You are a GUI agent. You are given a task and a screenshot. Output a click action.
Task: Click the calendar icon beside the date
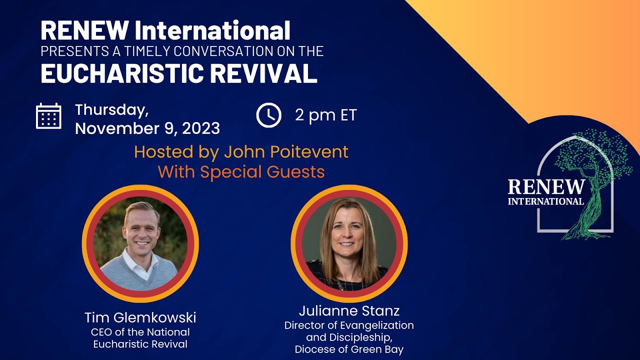pyautogui.click(x=48, y=116)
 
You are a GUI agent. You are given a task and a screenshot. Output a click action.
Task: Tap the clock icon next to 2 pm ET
pyautogui.click(x=268, y=115)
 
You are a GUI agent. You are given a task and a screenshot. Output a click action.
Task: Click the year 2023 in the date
pyautogui.click(x=200, y=128)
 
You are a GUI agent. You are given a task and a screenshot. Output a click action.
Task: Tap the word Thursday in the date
pyautogui.click(x=111, y=109)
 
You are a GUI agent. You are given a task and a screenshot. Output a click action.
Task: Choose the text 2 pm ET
pyautogui.click(x=325, y=115)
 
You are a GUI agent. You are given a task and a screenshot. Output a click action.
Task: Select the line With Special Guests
pyautogui.click(x=241, y=172)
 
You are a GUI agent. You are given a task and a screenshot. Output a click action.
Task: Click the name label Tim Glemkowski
pyautogui.click(x=140, y=317)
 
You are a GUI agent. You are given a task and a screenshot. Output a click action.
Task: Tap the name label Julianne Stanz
pyautogui.click(x=349, y=311)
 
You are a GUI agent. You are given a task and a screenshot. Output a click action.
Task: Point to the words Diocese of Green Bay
pyautogui.click(x=349, y=349)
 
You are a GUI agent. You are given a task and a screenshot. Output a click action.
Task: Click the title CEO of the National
pyautogui.click(x=140, y=332)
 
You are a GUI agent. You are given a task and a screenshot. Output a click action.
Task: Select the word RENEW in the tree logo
pyautogui.click(x=546, y=187)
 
